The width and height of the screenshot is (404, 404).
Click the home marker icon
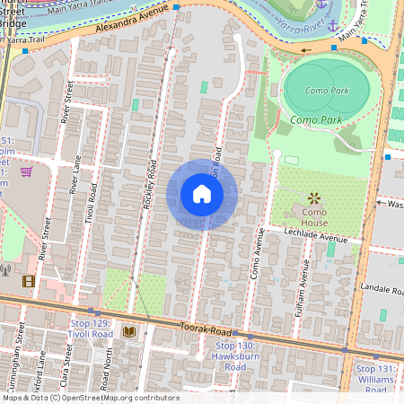(201, 194)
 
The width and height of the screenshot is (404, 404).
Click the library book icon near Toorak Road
(128, 332)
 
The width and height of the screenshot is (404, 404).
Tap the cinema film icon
(29, 282)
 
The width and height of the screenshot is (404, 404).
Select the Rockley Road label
(149, 185)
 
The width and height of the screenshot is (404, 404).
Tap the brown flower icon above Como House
(314, 197)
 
